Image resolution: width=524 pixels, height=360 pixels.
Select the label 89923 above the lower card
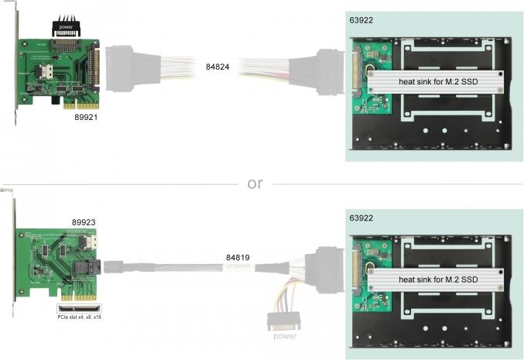point(83,221)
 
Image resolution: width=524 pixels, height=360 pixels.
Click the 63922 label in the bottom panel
point(361,218)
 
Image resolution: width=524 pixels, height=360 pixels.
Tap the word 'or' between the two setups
point(255,183)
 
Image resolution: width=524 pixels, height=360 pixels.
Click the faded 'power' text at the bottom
point(283,336)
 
